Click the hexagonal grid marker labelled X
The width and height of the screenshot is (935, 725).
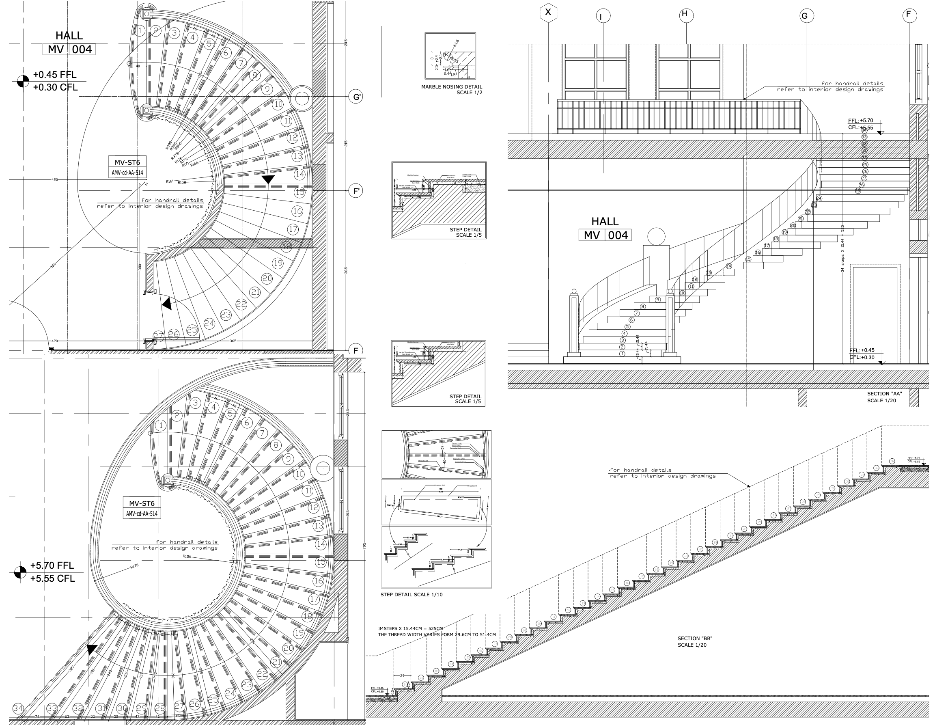click(548, 13)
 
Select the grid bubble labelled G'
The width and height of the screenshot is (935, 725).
click(356, 97)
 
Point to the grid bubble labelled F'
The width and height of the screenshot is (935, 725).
click(356, 191)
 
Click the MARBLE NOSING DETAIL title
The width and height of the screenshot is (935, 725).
click(451, 86)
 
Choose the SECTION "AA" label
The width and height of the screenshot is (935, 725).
click(884, 393)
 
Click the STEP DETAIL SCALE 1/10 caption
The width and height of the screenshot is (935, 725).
click(411, 594)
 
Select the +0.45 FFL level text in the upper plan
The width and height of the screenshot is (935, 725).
click(55, 75)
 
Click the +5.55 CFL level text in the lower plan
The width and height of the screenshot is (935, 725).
click(52, 578)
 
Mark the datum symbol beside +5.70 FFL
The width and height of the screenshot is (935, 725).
click(20, 572)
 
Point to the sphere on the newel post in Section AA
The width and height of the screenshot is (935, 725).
click(656, 236)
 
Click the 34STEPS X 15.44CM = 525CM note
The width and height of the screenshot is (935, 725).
click(410, 629)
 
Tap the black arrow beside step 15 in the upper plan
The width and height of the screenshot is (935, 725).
click(268, 179)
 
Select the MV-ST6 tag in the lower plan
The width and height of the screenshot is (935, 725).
click(142, 503)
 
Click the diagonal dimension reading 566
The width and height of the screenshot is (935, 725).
click(53, 265)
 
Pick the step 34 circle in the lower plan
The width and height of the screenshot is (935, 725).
click(18, 708)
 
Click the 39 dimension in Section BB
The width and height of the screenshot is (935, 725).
click(402, 676)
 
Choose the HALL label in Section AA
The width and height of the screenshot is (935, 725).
click(605, 221)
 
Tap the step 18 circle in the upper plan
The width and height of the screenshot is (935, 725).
click(287, 246)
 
